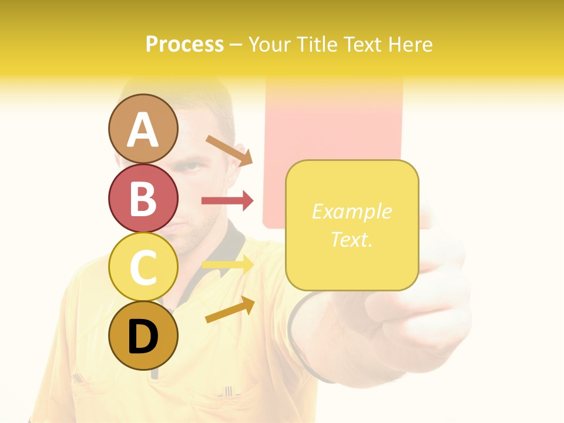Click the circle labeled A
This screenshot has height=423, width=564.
[x=143, y=129]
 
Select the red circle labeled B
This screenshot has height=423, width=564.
[x=143, y=198]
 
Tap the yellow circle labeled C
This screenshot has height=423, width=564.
[x=143, y=267]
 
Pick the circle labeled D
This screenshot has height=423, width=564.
[x=143, y=336]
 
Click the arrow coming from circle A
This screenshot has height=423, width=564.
[x=229, y=150]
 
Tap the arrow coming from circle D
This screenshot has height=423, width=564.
[x=230, y=310]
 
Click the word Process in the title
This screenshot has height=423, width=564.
[x=184, y=44]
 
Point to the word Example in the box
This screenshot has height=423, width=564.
[x=351, y=211]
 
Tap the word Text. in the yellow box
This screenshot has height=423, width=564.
[x=351, y=239]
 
